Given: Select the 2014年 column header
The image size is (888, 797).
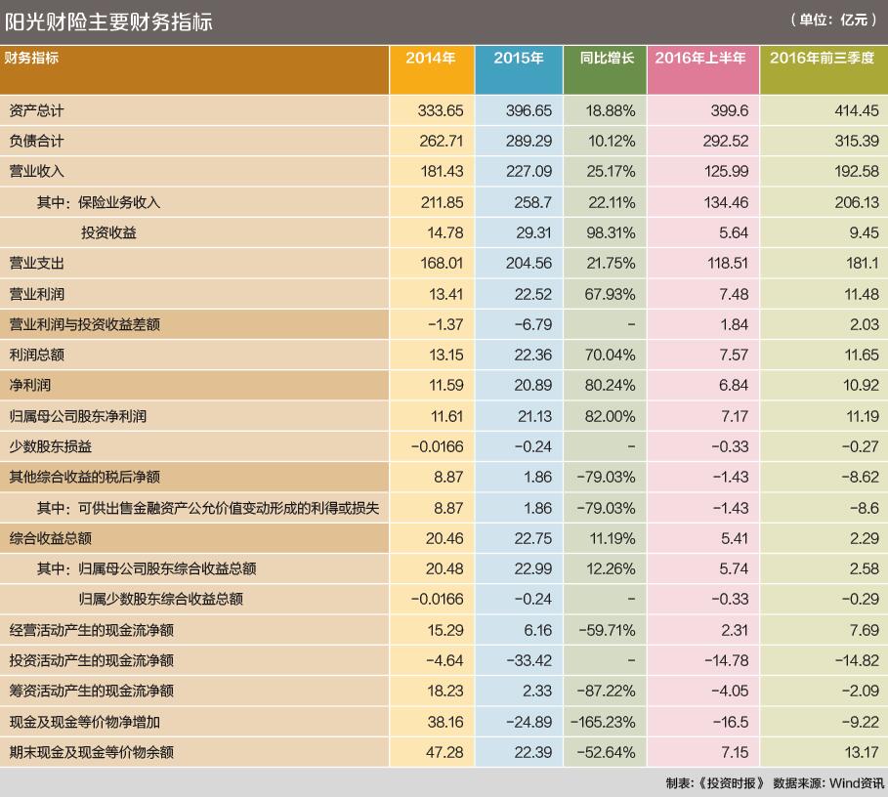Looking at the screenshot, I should point(431,59).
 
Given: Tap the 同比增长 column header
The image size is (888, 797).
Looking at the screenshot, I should point(607,59).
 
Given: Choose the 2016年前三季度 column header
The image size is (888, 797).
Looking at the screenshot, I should point(823,59).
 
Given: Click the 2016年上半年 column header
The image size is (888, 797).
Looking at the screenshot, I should point(700,59).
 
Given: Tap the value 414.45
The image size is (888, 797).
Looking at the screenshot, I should point(858,110).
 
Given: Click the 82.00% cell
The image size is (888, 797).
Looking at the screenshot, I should point(612,416).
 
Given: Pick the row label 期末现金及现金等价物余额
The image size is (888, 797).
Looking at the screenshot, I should point(91,752).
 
